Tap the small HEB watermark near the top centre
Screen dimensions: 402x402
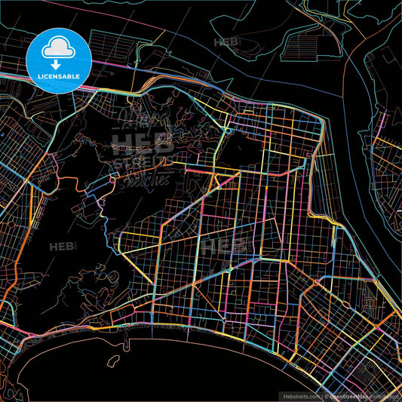click(226, 42)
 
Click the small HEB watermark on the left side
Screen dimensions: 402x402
click(63, 247)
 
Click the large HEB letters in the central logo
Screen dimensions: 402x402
click(142, 143)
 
